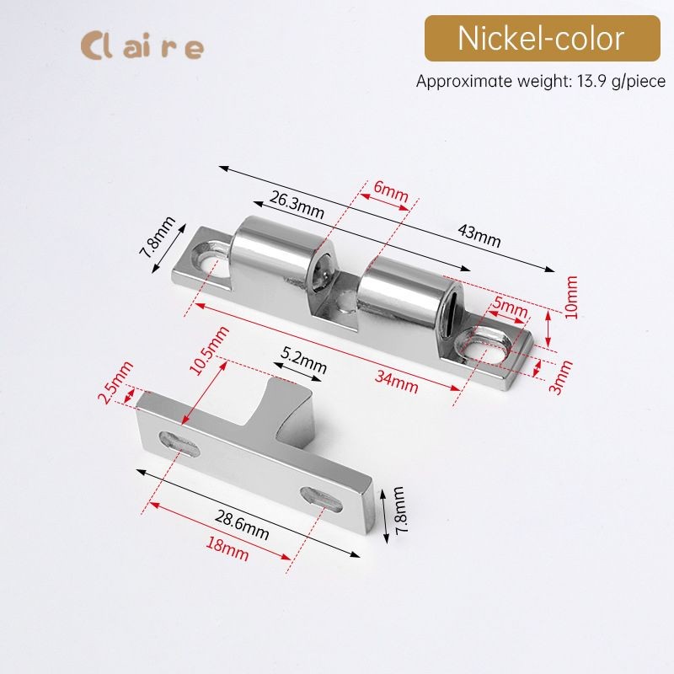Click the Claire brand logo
tap(142, 46)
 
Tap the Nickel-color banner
tap(542, 39)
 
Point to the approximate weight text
tap(540, 81)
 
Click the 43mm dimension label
tap(479, 236)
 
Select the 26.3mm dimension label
tap(297, 205)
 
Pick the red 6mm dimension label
tap(390, 192)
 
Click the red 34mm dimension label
tap(396, 382)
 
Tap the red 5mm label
tap(510, 307)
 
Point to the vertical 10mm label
tap(571, 297)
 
